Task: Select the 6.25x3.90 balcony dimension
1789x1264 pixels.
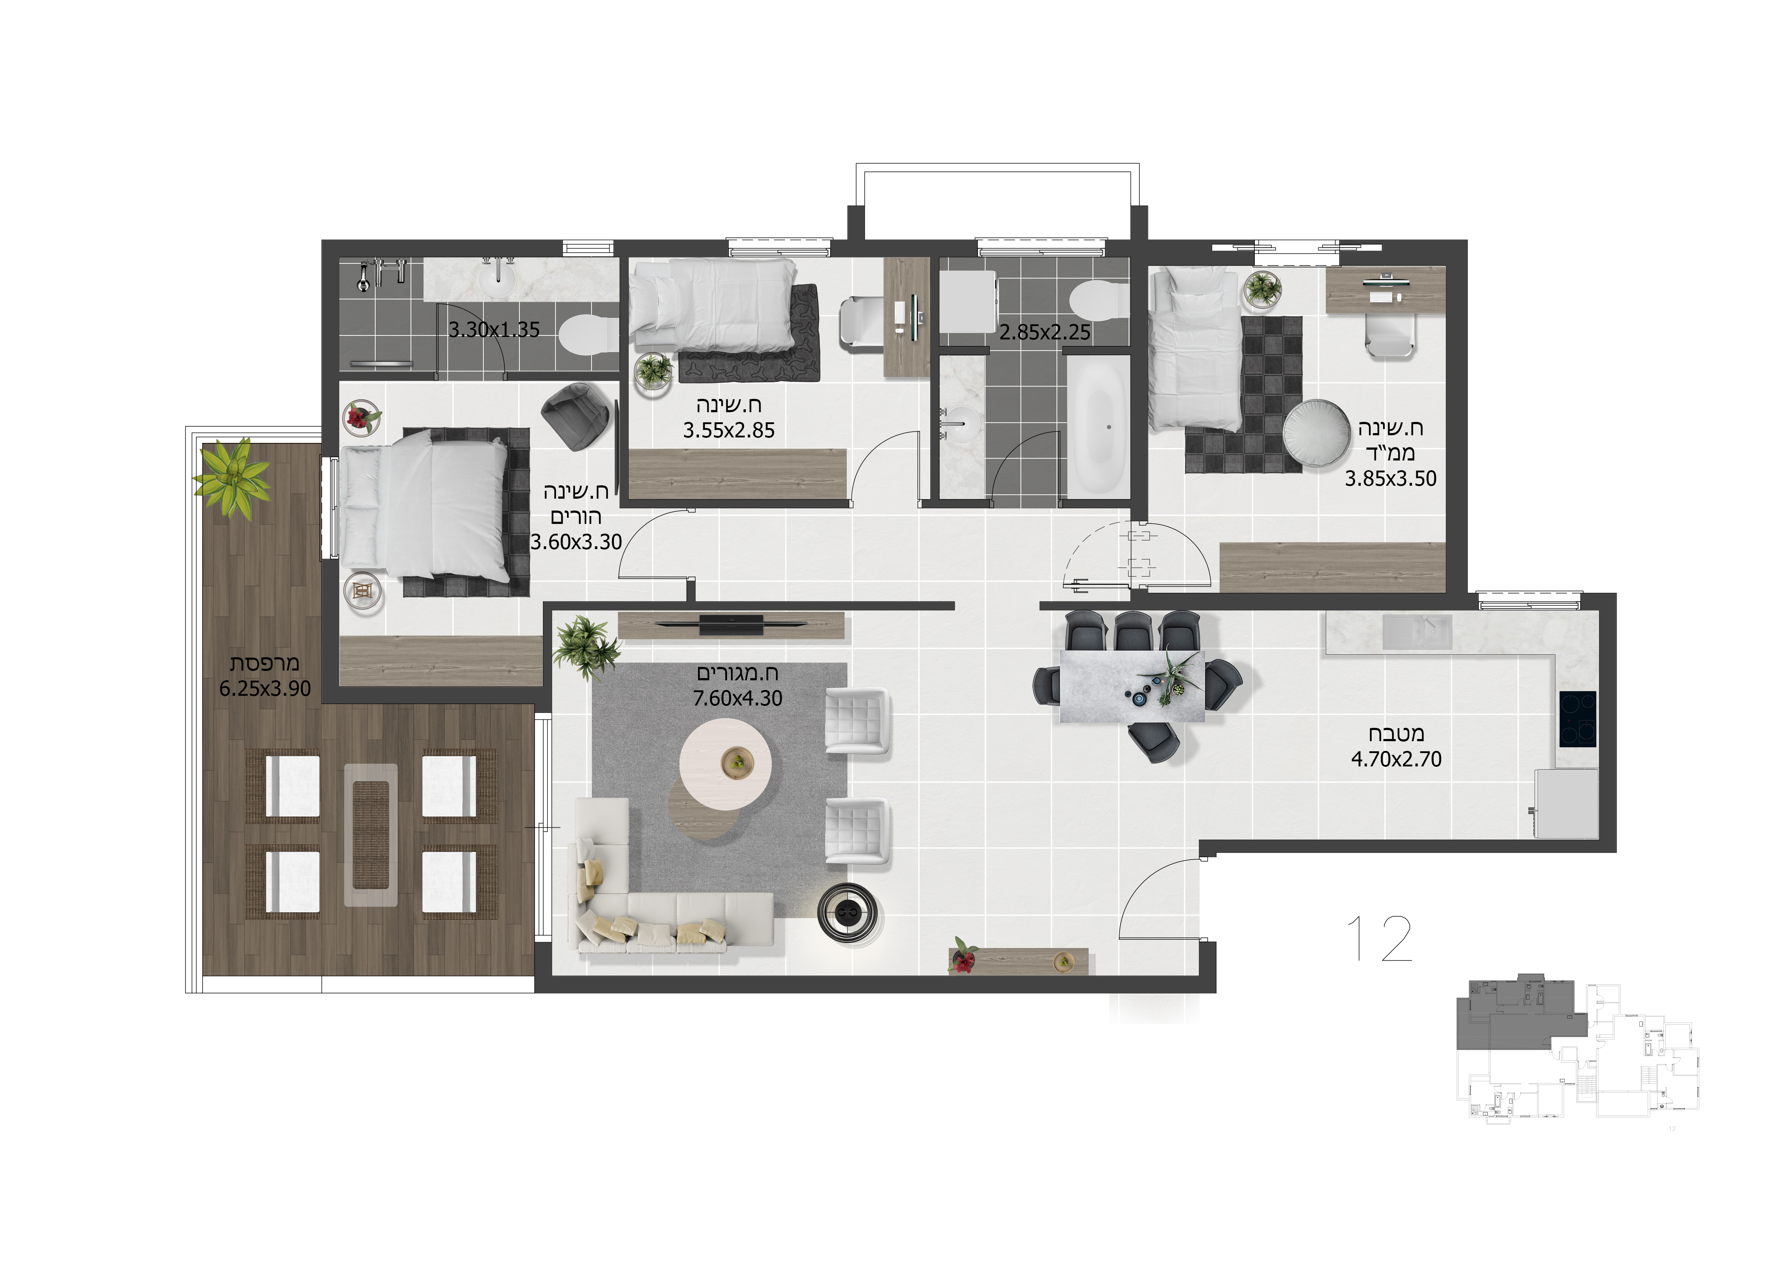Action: tap(265, 689)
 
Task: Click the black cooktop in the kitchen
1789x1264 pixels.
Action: tap(1577, 719)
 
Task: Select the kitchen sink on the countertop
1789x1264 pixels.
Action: tap(1417, 632)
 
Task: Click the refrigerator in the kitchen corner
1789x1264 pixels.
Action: tap(1566, 804)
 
